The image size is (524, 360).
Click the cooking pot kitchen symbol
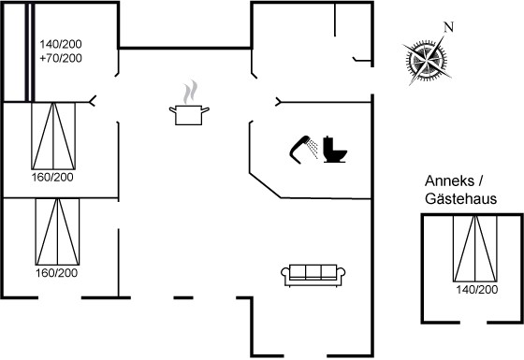[189, 115]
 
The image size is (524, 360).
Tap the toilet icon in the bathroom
[335, 150]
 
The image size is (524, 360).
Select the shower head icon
[303, 150]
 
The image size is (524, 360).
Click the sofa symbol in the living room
[313, 276]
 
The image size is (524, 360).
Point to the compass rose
[427, 61]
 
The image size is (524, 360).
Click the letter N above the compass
[449, 27]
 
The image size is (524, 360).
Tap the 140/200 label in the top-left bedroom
[61, 44]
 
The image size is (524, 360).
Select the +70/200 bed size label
[61, 58]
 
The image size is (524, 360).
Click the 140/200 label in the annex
[477, 290]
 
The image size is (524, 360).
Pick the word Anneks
[449, 181]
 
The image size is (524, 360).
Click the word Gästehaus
[460, 198]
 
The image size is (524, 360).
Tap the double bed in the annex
[475, 249]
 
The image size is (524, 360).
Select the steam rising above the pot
[190, 93]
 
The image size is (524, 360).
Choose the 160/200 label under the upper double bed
[52, 177]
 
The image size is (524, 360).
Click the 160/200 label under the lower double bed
[57, 273]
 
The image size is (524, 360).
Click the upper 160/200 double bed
[53, 136]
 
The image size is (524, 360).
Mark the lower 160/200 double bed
[57, 232]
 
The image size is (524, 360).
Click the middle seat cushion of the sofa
[313, 272]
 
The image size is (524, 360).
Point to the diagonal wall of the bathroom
[265, 185]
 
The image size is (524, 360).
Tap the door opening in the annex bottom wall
[473, 323]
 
